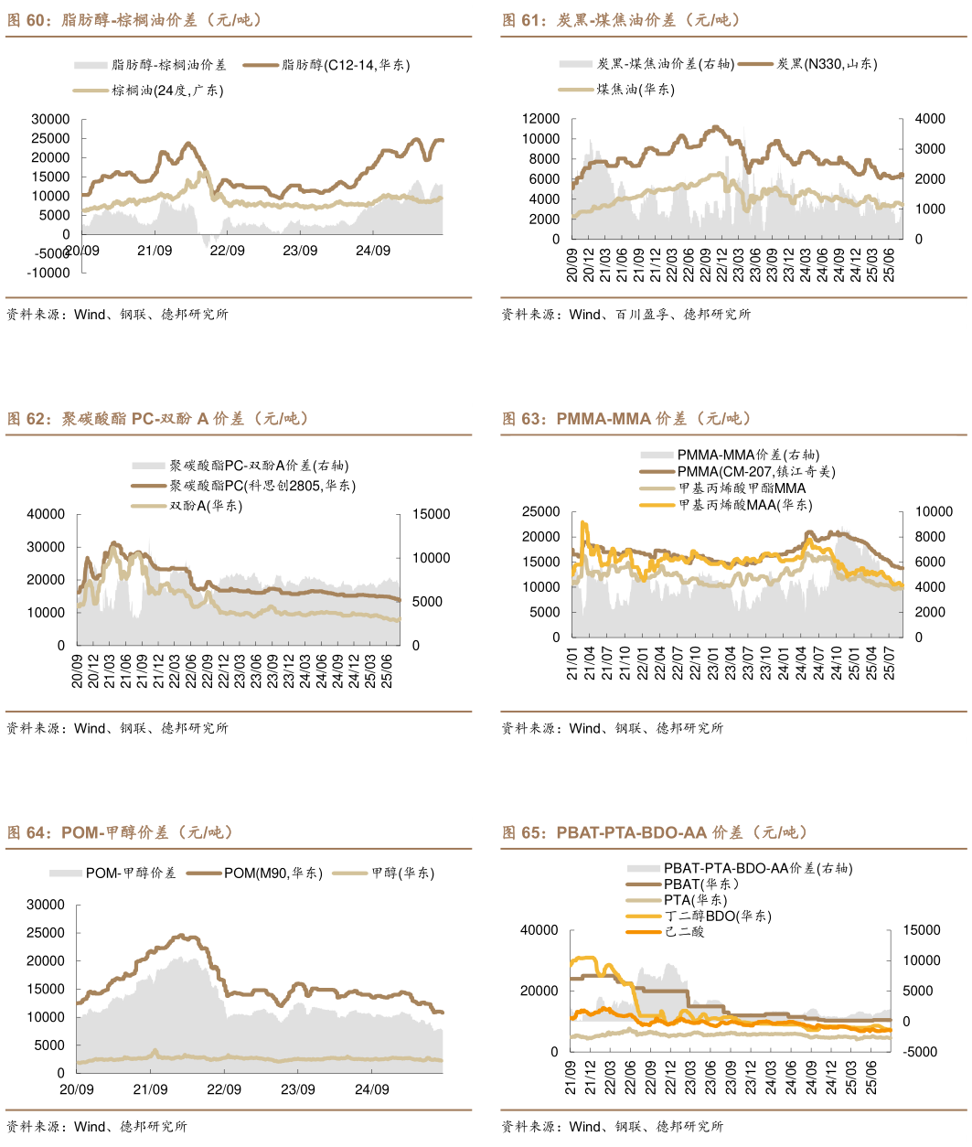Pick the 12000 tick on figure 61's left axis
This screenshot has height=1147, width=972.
tap(540, 119)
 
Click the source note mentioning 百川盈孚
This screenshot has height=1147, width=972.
tap(625, 315)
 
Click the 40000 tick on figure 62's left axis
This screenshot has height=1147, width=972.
tap(46, 515)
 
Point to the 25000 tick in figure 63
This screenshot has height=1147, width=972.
tap(540, 512)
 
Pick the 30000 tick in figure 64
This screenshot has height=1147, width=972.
tap(46, 905)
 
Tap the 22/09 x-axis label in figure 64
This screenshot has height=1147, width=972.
tap(223, 1089)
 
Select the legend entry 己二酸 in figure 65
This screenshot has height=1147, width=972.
tap(684, 932)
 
